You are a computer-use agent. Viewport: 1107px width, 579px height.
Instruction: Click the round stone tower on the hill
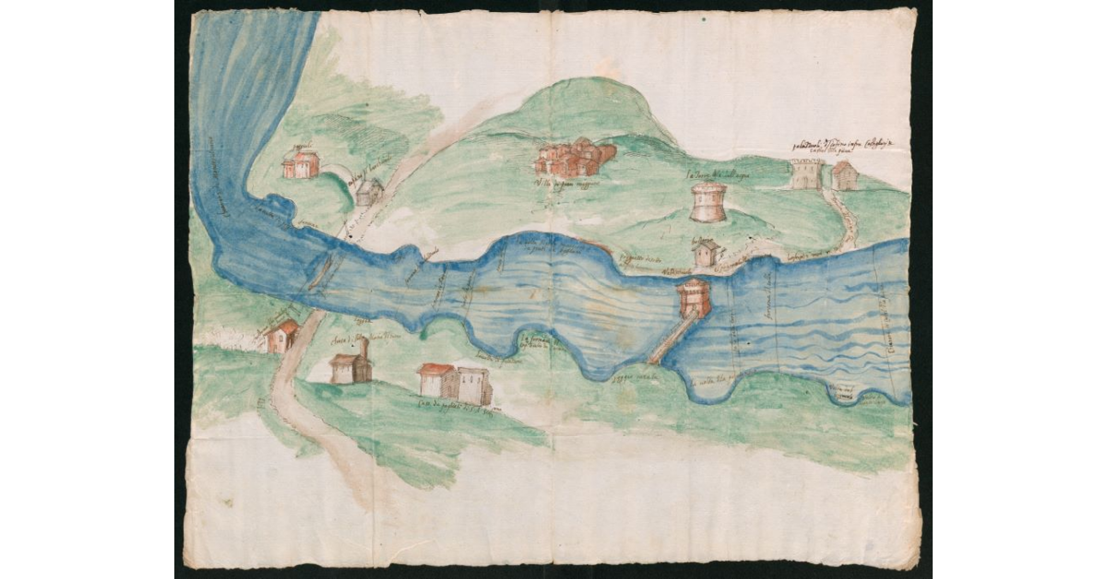pyautogui.click(x=708, y=202)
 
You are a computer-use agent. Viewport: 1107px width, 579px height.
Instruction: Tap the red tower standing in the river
pyautogui.click(x=693, y=299)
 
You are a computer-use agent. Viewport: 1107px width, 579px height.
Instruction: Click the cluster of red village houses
pyautogui.click(x=574, y=159)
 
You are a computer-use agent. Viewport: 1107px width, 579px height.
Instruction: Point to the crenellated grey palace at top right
pyautogui.click(x=805, y=174)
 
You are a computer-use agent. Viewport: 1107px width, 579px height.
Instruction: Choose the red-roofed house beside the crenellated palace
pyautogui.click(x=844, y=174)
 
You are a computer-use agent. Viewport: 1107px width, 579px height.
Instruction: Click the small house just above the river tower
pyautogui.click(x=706, y=253)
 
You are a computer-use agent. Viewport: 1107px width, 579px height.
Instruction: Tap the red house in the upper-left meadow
pyautogui.click(x=301, y=163)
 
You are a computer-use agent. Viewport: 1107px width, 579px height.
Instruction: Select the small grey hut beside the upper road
pyautogui.click(x=369, y=192)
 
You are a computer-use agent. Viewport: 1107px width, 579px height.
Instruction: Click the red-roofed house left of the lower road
pyautogui.click(x=281, y=337)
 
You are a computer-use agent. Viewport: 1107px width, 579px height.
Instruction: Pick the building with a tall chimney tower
pyautogui.click(x=351, y=365)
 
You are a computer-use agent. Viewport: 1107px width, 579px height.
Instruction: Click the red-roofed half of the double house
pyautogui.click(x=436, y=380)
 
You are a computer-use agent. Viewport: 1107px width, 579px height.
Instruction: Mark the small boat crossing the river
pyautogui.click(x=322, y=271)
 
